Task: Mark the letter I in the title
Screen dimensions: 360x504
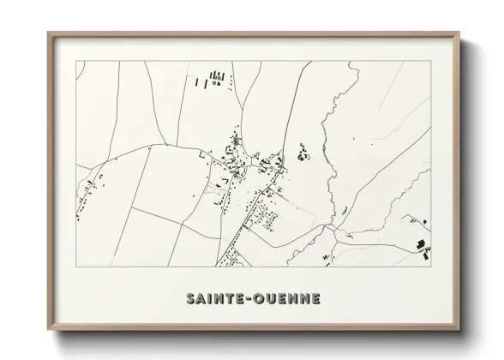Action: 211,298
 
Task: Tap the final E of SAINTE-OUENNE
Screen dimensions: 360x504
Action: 315,298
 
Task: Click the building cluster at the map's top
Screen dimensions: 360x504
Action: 215,80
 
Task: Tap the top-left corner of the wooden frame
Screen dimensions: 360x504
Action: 50,34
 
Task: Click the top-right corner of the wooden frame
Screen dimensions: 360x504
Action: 459,34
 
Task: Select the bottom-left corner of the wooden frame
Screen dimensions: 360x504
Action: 50,329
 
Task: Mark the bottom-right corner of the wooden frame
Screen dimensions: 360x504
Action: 459,329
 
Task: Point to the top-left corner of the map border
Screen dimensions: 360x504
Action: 76,62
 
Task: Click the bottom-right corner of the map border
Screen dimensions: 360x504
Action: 430,266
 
